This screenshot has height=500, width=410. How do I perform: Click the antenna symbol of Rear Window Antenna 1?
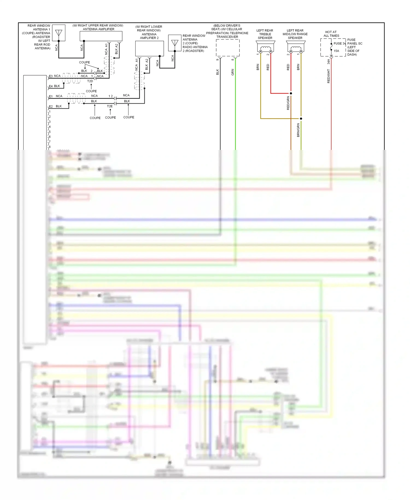(x=58, y=33)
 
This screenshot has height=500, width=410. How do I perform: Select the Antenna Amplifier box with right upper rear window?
(x=101, y=36)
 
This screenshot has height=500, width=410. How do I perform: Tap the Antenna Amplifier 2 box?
(x=150, y=48)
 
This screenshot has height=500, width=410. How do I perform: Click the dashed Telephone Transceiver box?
(x=228, y=48)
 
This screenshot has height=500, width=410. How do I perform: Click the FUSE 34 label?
(x=339, y=43)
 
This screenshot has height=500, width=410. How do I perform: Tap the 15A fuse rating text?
(x=336, y=51)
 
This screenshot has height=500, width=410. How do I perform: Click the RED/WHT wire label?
(x=329, y=76)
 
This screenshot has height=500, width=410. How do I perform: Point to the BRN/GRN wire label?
(x=298, y=130)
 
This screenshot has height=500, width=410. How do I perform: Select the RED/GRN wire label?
(x=288, y=103)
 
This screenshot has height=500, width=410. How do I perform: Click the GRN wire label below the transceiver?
(x=233, y=72)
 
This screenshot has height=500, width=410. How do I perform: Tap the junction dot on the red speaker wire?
(x=291, y=93)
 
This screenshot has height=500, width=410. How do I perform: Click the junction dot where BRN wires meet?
(x=301, y=119)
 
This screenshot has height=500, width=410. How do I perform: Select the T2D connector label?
(x=90, y=81)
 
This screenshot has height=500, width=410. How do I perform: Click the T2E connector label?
(x=110, y=106)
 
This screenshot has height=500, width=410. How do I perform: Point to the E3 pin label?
(x=51, y=76)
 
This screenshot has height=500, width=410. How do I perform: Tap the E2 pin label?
(x=51, y=106)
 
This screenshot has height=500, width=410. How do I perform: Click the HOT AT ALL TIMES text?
(x=331, y=34)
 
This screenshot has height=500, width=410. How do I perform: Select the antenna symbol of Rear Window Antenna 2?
(x=175, y=43)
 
